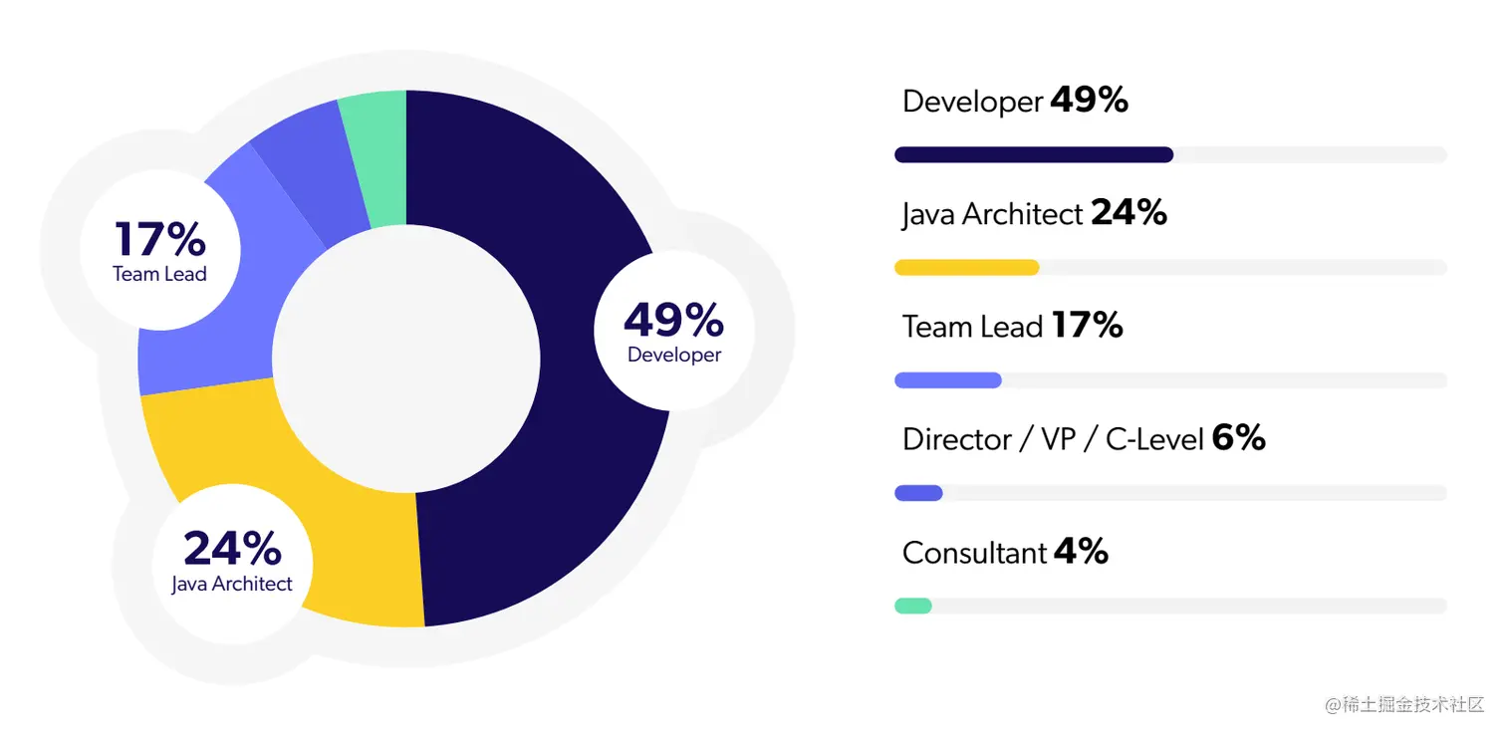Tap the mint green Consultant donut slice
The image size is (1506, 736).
375,149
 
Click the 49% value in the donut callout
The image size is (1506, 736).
673,320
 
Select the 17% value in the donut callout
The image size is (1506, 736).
159,240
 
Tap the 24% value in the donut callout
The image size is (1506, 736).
231,549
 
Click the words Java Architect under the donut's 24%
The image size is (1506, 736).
231,584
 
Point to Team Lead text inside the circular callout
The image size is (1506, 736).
159,274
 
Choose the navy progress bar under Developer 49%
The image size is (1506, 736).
1033,154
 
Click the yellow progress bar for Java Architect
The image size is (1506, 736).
966,267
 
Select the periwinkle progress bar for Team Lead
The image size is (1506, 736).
947,379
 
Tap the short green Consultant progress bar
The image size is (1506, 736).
912,606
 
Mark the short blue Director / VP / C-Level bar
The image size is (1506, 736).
918,493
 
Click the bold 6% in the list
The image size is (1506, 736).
1238,438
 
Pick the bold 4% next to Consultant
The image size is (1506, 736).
1081,552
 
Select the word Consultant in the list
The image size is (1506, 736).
974,553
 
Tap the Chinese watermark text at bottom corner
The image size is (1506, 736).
1404,705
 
